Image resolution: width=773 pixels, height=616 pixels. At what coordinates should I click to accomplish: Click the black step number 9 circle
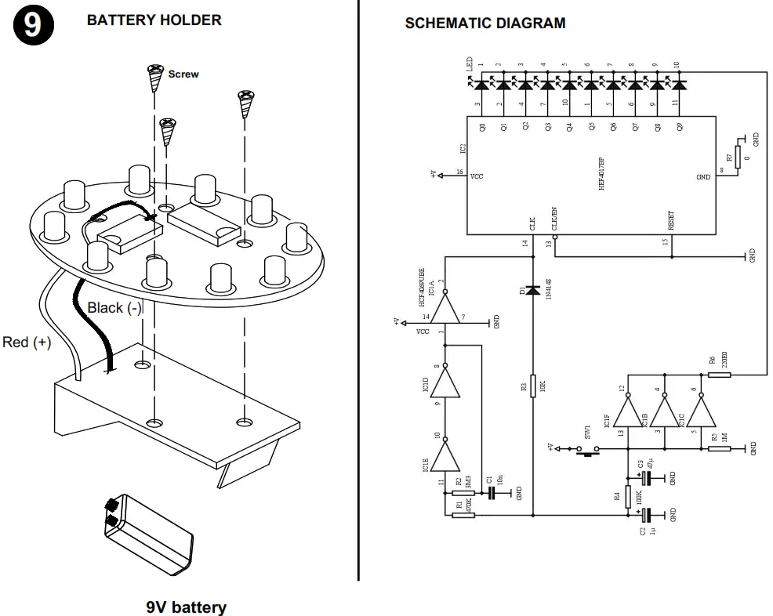(32, 25)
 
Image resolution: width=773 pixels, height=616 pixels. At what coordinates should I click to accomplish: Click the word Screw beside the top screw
(183, 74)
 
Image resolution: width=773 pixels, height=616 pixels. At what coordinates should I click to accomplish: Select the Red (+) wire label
(27, 342)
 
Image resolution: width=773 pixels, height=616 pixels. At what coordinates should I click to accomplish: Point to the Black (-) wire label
(114, 308)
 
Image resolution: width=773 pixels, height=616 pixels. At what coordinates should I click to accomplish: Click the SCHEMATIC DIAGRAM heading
(484, 24)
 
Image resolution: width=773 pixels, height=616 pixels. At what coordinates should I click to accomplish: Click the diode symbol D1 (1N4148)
(532, 290)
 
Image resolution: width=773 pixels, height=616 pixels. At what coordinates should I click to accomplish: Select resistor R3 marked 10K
(532, 385)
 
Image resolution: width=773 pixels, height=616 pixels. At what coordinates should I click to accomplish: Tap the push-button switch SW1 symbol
(588, 449)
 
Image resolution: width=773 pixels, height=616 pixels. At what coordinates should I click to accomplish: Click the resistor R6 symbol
(720, 375)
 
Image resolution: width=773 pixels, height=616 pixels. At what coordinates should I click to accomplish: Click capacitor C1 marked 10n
(492, 493)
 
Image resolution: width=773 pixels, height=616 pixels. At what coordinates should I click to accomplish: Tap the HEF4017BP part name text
(602, 173)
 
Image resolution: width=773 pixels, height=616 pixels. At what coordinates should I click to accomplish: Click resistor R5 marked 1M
(720, 448)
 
